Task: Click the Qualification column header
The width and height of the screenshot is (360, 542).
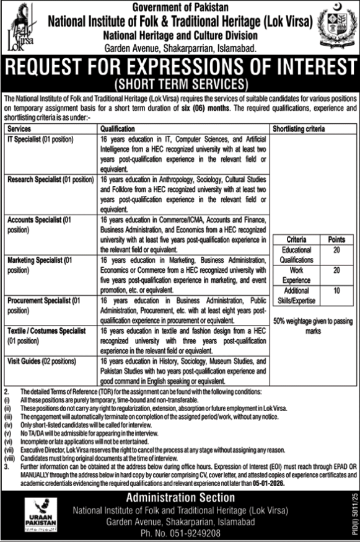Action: [x=118, y=129]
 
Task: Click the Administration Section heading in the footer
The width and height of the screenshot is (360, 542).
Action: [x=180, y=498]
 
